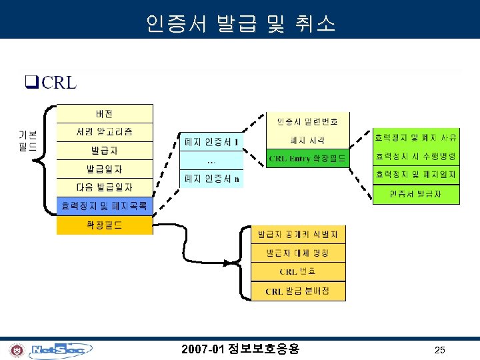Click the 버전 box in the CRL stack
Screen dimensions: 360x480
[x=105, y=113]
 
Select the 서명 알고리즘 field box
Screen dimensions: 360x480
[x=105, y=132]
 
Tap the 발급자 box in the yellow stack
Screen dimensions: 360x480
[x=105, y=151]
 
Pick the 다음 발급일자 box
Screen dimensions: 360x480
[x=105, y=188]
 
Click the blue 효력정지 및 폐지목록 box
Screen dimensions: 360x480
[x=105, y=206]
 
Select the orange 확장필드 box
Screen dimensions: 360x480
[x=105, y=225]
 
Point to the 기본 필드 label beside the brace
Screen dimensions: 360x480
[x=27, y=141]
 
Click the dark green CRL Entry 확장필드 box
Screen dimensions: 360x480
[x=307, y=159]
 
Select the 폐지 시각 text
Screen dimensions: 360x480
[x=307, y=140]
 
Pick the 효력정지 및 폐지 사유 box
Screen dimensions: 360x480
[x=416, y=138]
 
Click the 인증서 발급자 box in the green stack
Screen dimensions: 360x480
[x=416, y=194]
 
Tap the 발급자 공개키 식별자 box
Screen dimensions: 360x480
[x=298, y=235]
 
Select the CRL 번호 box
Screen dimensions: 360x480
[x=298, y=272]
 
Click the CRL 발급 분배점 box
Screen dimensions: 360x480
[x=298, y=291]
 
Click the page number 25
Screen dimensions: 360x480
[x=440, y=349]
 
